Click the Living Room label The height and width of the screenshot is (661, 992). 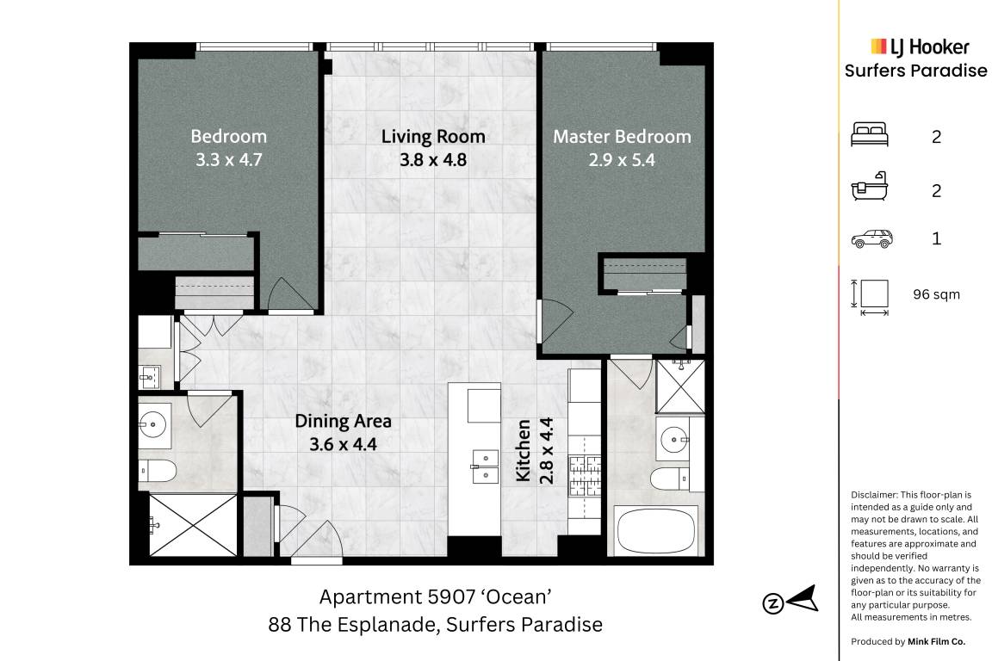[433, 137]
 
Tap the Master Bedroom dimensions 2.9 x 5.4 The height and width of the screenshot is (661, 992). [622, 160]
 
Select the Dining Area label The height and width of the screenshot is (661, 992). [343, 421]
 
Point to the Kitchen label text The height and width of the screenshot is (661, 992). [524, 450]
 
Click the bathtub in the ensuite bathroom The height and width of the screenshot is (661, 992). [656, 530]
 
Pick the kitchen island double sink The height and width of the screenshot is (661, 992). [486, 466]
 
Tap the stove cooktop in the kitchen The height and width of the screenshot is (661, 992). [585, 476]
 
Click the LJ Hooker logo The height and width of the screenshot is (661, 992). [920, 46]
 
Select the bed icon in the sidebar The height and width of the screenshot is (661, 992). [869, 135]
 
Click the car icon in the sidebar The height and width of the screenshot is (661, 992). [871, 238]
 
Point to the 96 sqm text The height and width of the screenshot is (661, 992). [936, 294]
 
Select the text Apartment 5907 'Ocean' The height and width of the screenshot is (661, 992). [435, 596]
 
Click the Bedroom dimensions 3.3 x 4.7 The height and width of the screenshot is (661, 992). [228, 160]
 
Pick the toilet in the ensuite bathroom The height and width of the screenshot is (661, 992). [669, 479]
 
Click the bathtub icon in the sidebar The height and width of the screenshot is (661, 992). [869, 186]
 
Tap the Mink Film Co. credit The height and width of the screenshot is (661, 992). [936, 641]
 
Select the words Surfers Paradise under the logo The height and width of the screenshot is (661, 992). [915, 71]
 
